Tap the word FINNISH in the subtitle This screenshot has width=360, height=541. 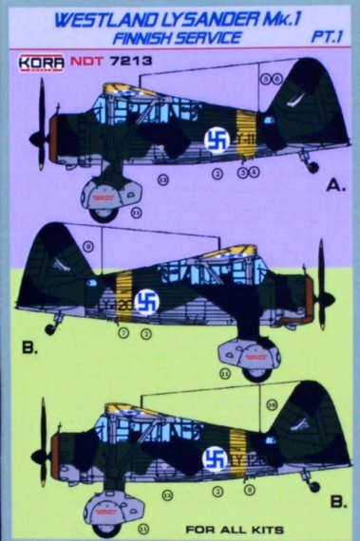point(155,38)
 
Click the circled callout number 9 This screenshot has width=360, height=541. point(87,246)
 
